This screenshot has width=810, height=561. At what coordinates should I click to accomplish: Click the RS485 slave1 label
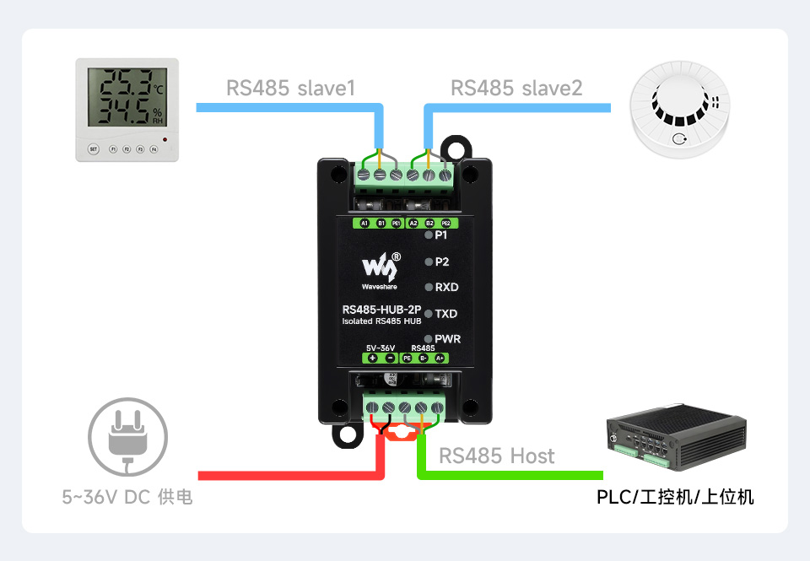point(290,88)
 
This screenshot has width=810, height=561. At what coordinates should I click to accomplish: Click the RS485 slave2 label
point(516,88)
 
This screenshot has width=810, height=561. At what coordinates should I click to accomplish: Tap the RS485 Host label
point(497,456)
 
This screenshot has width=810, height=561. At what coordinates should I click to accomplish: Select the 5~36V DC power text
point(127,498)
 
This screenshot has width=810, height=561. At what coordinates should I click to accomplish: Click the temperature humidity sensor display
point(127,98)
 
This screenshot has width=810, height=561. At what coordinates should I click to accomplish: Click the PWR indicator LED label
point(447,339)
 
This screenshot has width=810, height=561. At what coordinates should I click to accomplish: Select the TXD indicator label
point(446,314)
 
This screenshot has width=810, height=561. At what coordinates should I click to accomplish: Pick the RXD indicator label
point(446,288)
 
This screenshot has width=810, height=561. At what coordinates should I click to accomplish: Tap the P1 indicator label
point(441,236)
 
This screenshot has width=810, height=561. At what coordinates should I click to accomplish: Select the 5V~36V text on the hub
point(381,348)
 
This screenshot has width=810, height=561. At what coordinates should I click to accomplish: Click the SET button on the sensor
point(94,149)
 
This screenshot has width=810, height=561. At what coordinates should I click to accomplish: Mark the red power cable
point(287,474)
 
